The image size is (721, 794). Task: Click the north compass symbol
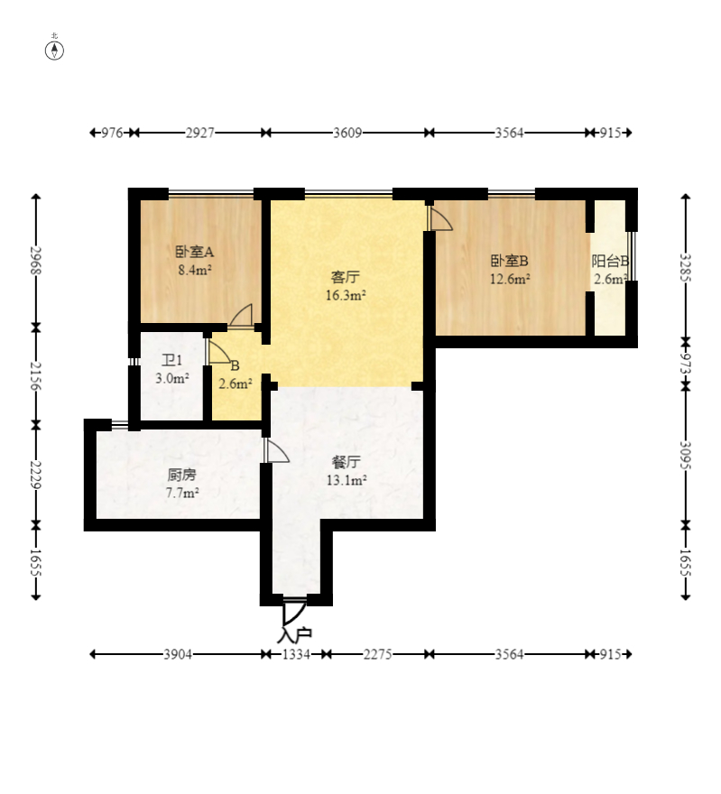click(x=54, y=51)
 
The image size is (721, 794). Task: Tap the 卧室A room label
click(x=194, y=251)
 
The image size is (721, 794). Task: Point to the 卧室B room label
click(x=509, y=261)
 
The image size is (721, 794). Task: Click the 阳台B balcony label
click(x=611, y=261)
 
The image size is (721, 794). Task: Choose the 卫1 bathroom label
click(x=171, y=360)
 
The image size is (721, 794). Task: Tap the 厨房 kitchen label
click(x=181, y=475)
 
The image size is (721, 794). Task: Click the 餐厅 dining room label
click(x=347, y=462)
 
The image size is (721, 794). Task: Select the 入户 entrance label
click(x=294, y=635)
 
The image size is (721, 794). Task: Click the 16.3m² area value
click(x=346, y=295)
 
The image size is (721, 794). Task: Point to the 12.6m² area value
click(x=509, y=279)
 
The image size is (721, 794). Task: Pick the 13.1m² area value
click(x=347, y=479)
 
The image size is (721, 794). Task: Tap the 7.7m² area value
click(x=181, y=493)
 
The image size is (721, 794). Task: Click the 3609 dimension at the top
click(x=347, y=133)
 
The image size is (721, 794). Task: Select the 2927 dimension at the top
click(x=199, y=133)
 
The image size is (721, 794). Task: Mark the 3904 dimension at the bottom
click(x=178, y=654)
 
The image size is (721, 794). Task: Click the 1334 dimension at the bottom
click(x=296, y=654)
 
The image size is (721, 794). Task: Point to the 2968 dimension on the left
click(x=35, y=260)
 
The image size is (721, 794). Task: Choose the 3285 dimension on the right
click(x=686, y=267)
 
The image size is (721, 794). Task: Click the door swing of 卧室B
click(x=439, y=217)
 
